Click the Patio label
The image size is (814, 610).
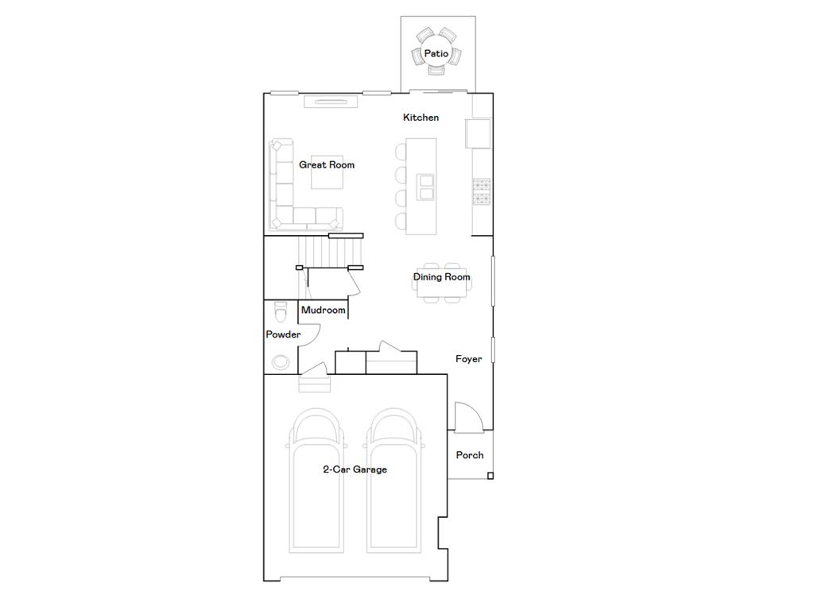tap(436, 53)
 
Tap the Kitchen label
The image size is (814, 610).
tap(421, 118)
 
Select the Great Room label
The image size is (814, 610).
tap(327, 165)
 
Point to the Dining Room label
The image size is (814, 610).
tap(441, 277)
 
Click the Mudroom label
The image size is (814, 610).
tap(324, 310)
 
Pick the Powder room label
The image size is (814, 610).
tap(283, 335)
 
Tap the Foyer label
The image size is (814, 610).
tap(468, 359)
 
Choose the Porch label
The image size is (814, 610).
tap(469, 455)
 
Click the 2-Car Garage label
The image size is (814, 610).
tap(355, 469)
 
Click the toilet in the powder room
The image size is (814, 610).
tap(280, 308)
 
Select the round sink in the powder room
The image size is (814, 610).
tap(281, 362)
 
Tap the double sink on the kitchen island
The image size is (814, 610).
tap(426, 186)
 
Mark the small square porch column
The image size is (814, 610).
tap(490, 476)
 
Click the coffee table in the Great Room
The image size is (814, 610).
tap(327, 172)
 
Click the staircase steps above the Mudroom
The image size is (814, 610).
tap(326, 253)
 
